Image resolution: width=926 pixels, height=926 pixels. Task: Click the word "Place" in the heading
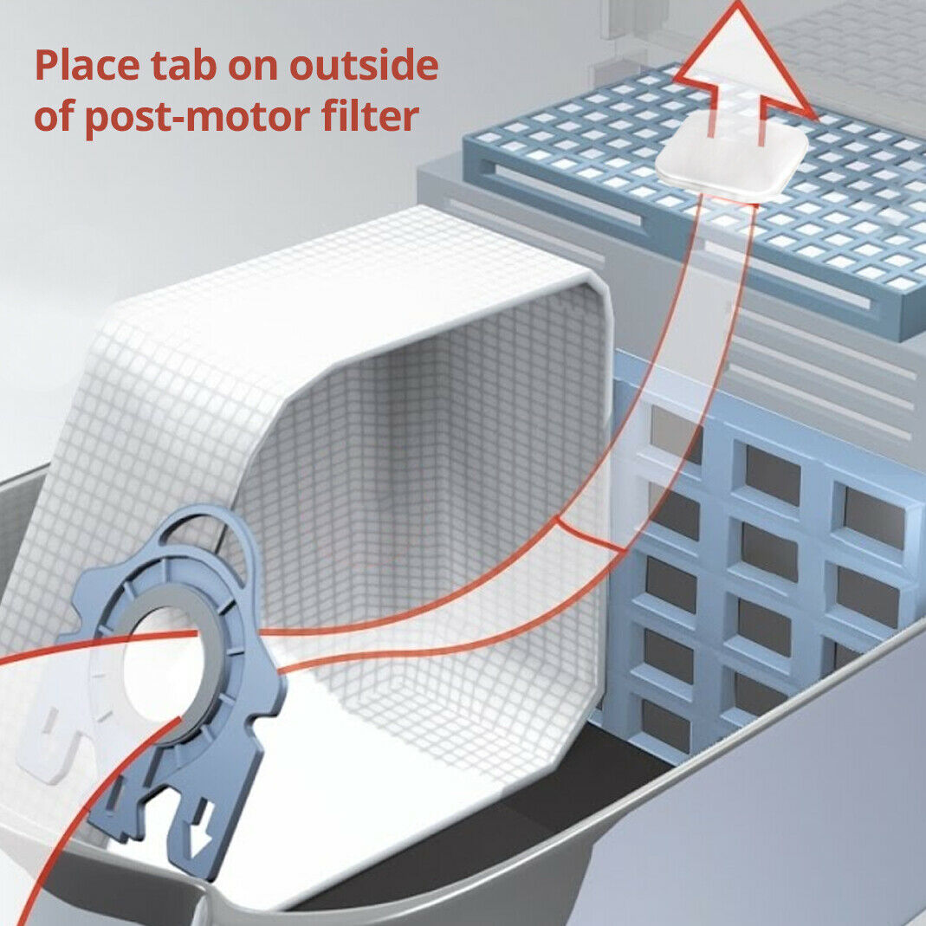pos(87,65)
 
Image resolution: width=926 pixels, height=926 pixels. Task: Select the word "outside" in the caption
pos(364,65)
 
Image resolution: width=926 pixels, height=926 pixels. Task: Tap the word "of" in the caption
pos(55,115)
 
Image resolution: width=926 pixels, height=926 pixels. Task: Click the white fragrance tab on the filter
pos(732,156)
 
